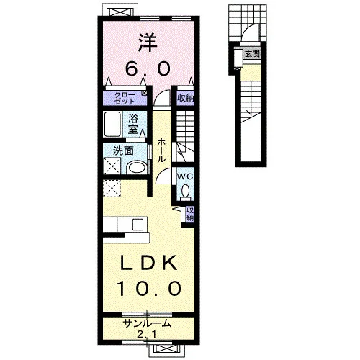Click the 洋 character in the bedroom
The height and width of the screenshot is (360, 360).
148,43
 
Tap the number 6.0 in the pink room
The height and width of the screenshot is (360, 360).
148,68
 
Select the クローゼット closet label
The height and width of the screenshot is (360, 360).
125,98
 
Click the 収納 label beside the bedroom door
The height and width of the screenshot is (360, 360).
186,98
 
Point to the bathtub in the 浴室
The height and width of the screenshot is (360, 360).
112,124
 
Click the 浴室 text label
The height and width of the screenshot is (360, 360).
132,124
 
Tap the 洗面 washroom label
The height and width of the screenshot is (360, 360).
123,151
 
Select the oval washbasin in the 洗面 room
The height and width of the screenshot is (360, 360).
136,167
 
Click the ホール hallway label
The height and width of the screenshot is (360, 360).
161,150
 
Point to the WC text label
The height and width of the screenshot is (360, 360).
185,177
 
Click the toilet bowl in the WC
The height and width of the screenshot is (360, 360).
185,192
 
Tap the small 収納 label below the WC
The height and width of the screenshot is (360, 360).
190,214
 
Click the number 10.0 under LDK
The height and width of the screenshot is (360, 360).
149,288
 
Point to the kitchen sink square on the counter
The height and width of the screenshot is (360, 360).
138,225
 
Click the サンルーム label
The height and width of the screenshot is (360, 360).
147,324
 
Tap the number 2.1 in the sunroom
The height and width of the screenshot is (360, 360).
147,334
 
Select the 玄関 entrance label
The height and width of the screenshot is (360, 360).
252,54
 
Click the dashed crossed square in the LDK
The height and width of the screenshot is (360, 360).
112,189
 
